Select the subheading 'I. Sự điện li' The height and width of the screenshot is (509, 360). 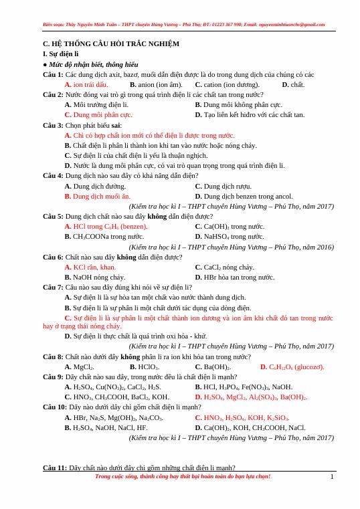point(60,52)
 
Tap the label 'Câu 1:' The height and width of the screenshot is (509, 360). point(53,74)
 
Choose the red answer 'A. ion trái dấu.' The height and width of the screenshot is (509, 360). point(86,84)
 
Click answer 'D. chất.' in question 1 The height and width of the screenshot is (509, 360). point(293,84)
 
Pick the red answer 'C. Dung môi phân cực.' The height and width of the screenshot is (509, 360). point(98,114)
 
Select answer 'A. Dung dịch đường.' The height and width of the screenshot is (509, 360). point(95,186)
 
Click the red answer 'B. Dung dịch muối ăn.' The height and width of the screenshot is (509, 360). point(98,196)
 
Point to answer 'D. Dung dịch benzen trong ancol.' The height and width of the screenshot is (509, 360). point(244,196)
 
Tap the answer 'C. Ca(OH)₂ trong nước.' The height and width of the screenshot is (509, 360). point(230,226)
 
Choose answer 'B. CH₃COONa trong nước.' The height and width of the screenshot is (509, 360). point(104,236)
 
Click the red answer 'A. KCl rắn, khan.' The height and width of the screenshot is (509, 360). point(90,267)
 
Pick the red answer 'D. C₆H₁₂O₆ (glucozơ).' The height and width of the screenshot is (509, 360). point(292,367)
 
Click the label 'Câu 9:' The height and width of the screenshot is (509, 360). point(53,377)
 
